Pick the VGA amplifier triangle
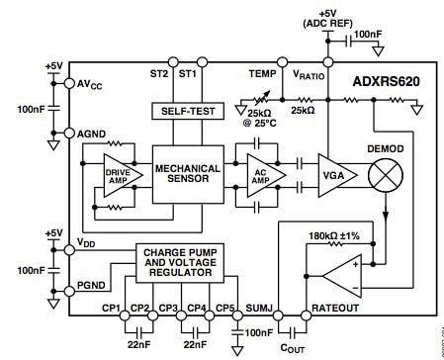pos(333,175)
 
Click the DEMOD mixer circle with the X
pos(385,175)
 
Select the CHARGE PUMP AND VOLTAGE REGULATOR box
pos(180,264)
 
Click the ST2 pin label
pos(159,74)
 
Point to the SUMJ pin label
pos(259,308)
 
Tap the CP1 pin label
pos(111,308)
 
